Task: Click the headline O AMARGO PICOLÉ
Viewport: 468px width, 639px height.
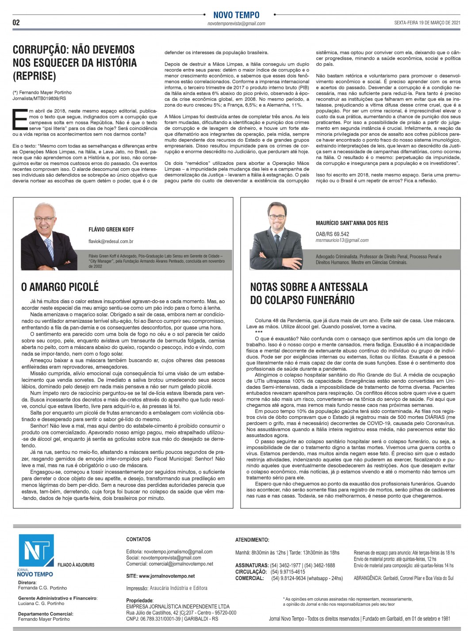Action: click(60, 287)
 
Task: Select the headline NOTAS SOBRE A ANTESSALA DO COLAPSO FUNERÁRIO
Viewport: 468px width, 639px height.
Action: click(308, 294)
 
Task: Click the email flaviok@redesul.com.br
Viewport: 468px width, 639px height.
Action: click(111, 241)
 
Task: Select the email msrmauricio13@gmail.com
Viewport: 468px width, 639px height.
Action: click(342, 240)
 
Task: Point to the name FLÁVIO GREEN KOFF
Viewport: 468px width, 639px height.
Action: click(111, 229)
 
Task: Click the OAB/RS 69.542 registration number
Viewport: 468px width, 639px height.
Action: click(332, 234)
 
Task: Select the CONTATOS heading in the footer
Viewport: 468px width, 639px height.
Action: click(138, 539)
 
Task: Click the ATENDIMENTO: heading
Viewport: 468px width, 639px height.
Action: click(252, 540)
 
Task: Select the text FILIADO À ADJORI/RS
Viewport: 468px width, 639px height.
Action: click(76, 565)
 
